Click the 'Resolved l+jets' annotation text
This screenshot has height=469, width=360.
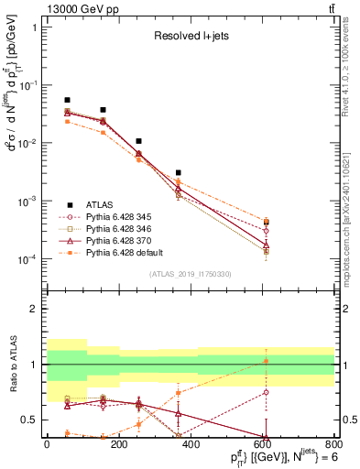click(x=191, y=36)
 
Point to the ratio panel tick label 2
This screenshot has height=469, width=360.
click(x=32, y=310)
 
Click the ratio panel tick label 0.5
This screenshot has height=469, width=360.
click(x=27, y=420)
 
